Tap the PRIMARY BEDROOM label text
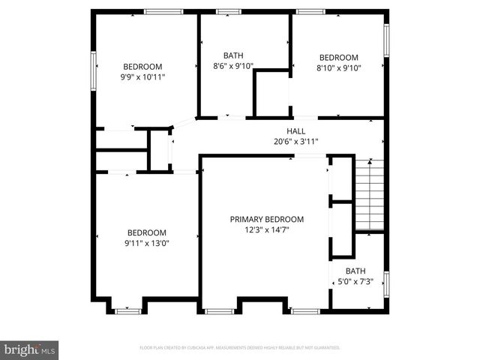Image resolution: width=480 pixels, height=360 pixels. [x=267, y=219]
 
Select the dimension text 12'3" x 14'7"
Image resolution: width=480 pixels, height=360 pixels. [x=267, y=230]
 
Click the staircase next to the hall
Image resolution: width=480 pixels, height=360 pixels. [x=368, y=194]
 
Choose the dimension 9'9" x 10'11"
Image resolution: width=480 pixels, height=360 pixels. [x=143, y=76]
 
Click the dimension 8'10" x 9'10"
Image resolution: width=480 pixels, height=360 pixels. [x=339, y=68]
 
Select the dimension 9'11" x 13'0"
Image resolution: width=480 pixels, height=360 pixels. [x=147, y=243]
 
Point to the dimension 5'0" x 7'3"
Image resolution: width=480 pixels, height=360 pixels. [x=355, y=281]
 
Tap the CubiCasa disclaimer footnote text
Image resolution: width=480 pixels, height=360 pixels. [x=240, y=348]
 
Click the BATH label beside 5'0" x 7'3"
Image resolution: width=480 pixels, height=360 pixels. [x=355, y=271]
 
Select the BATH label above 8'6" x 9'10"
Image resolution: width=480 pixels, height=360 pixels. [x=234, y=55]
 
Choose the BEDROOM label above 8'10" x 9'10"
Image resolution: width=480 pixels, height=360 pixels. [x=339, y=58]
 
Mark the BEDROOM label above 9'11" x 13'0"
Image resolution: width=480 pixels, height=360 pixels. [x=147, y=232]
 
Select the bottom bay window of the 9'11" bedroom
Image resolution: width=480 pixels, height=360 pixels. [x=129, y=309]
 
